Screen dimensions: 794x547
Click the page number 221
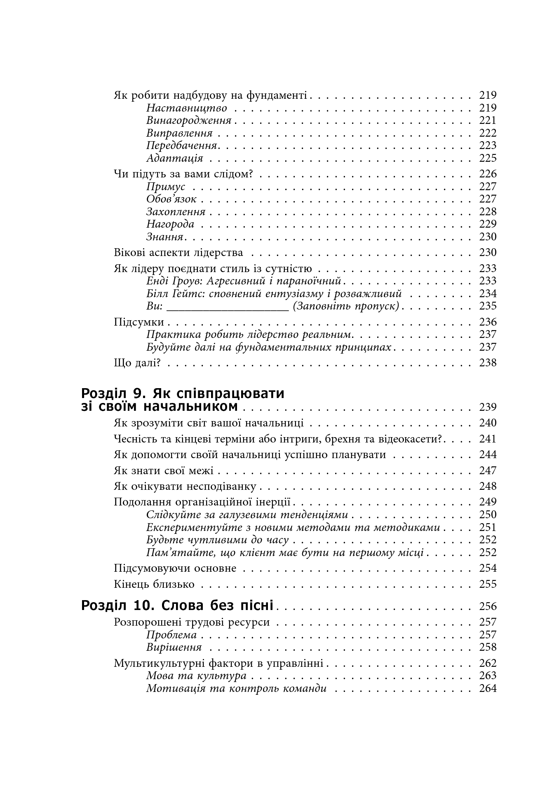(x=488, y=121)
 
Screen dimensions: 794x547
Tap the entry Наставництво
(x=186, y=108)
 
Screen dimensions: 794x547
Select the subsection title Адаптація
(x=174, y=158)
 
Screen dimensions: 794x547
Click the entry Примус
(x=166, y=187)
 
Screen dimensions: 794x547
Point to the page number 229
(x=488, y=224)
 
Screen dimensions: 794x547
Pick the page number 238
(x=488, y=363)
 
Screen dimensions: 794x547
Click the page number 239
(x=488, y=407)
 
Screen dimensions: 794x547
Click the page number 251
(x=488, y=527)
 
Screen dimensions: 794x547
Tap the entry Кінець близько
(x=154, y=584)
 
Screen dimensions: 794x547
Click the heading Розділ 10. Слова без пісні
(x=177, y=605)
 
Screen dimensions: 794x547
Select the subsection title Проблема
(x=171, y=635)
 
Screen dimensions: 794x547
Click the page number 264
(x=488, y=688)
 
